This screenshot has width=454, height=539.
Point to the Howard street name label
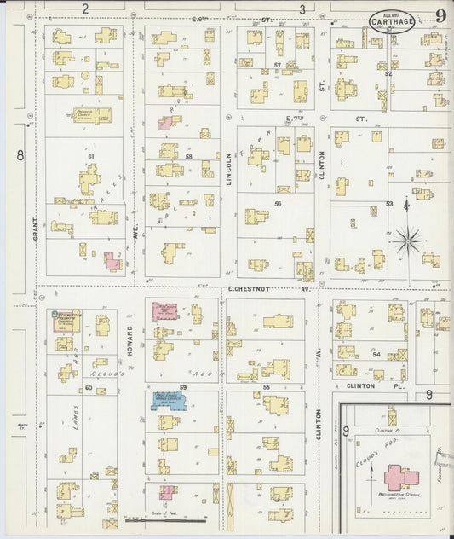point(130,341)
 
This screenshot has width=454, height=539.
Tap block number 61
point(90,157)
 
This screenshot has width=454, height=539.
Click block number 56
point(278,204)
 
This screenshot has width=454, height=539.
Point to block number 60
point(88,387)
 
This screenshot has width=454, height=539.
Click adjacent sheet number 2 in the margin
point(85,9)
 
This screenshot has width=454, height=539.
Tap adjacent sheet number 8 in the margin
point(20,154)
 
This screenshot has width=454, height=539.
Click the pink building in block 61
point(112,261)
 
